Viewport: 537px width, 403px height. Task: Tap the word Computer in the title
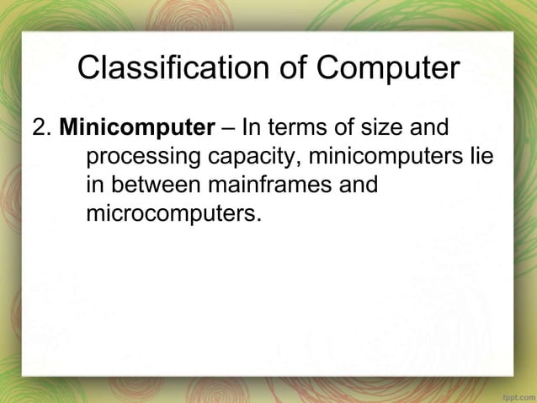389,68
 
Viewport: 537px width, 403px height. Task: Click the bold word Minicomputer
137,130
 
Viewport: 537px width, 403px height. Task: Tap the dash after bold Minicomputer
228,130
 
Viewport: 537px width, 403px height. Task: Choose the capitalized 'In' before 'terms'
252,130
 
